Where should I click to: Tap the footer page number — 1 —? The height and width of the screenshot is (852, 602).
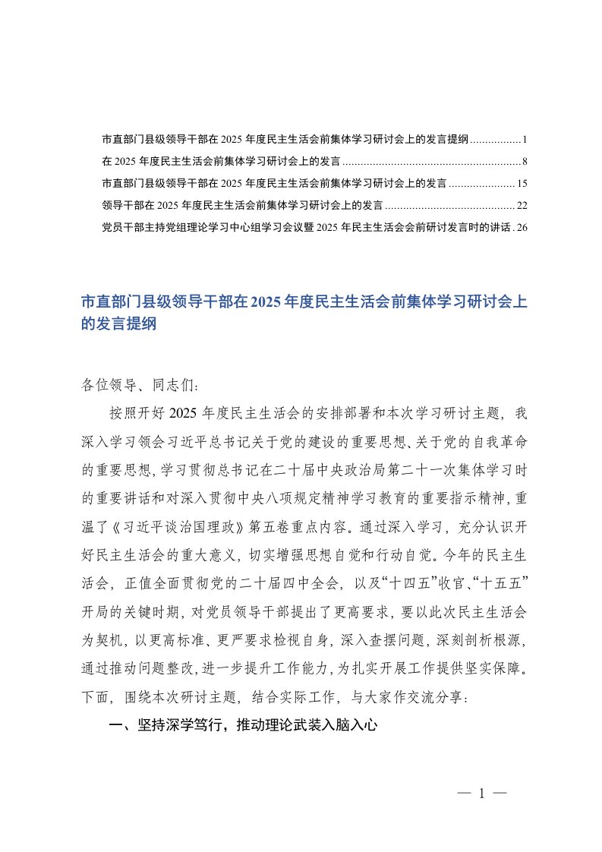pyautogui.click(x=482, y=794)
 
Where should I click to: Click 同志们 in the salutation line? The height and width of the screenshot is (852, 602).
pyautogui.click(x=175, y=386)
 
